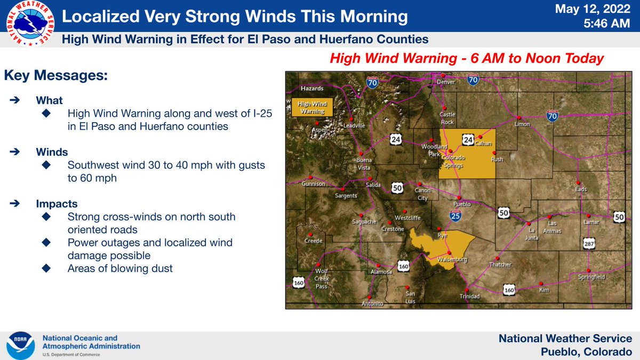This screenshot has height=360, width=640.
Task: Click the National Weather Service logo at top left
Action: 27,23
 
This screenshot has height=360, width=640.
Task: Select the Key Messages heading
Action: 56,76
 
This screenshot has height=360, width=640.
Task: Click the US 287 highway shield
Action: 589,243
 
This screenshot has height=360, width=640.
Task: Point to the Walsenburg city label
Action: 452,260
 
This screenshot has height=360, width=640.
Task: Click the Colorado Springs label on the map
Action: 453,161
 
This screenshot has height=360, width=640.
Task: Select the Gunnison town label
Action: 313,184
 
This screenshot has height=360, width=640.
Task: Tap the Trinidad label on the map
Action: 470,296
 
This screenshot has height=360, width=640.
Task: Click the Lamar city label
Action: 591,222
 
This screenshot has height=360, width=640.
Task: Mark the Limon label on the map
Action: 522,124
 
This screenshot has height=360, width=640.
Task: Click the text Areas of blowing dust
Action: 120,268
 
